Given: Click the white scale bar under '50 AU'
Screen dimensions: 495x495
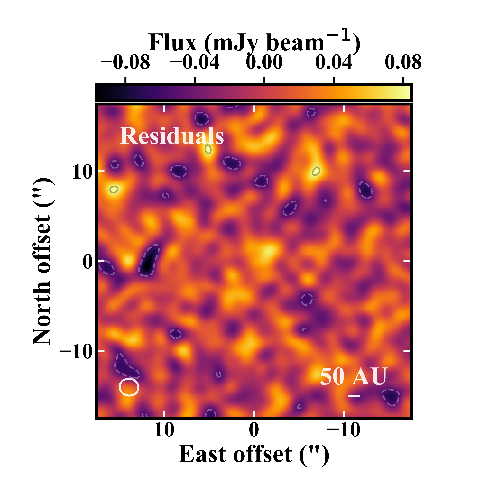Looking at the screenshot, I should (x=354, y=396).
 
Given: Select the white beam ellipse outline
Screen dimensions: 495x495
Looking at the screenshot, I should (x=129, y=387).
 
